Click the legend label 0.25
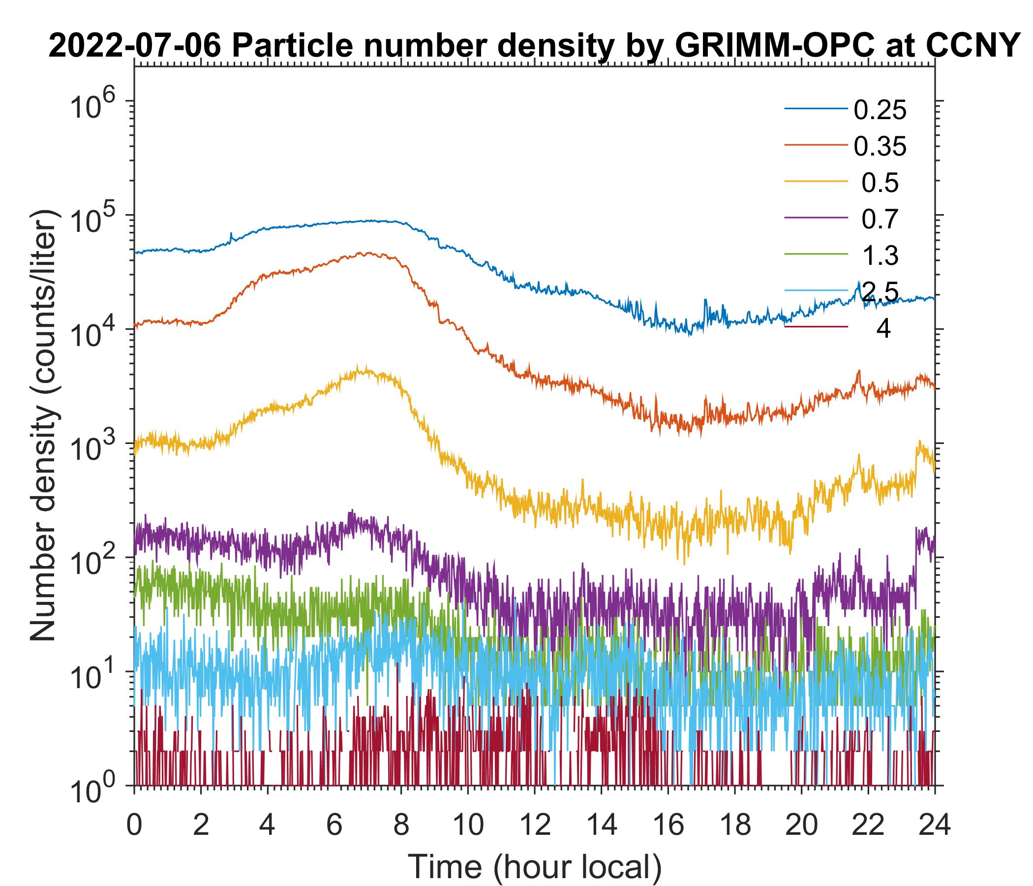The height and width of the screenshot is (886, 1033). tap(880, 110)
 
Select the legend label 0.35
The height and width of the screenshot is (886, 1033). tap(880, 147)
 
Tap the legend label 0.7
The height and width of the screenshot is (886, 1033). tap(880, 220)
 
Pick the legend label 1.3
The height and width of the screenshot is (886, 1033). tap(880, 256)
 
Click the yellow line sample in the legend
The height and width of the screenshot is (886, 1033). tap(816, 182)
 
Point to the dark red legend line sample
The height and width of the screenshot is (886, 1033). tap(816, 327)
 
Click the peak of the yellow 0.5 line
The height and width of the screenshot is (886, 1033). tap(365, 368)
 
